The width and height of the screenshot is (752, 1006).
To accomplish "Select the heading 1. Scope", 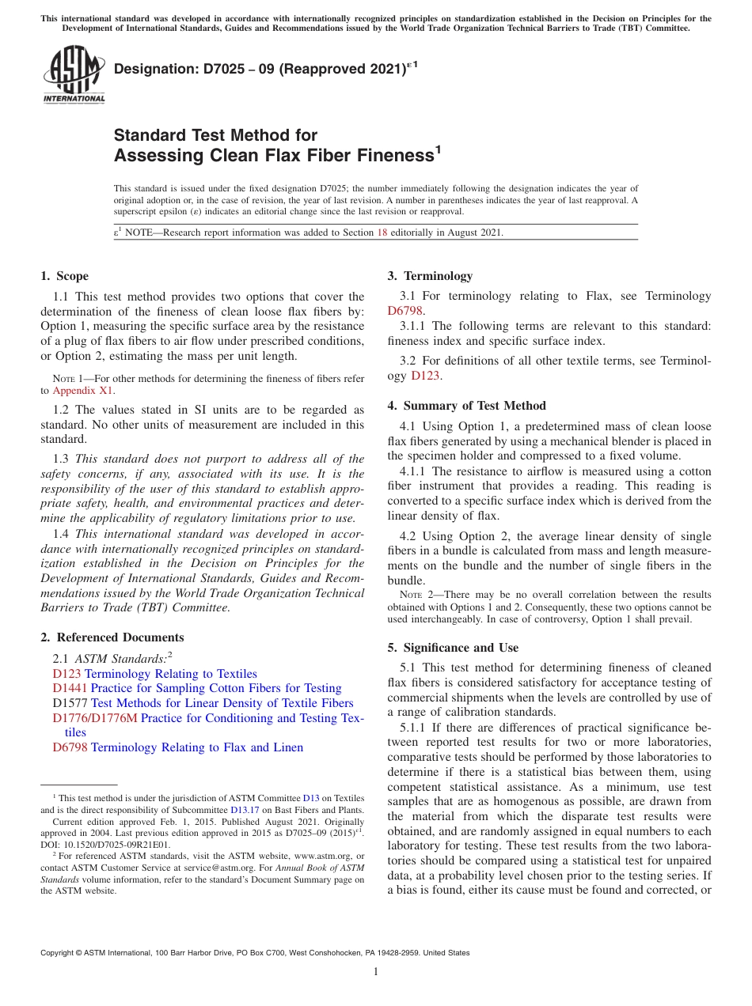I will tap(64, 276).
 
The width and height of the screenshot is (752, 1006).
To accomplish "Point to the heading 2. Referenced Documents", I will tap(112, 637).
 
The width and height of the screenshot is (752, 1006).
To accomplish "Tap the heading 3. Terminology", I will tap(430, 276).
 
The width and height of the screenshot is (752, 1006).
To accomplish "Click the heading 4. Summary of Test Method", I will tap(466, 406).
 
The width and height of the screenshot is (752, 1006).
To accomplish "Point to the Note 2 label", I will tap(411, 595).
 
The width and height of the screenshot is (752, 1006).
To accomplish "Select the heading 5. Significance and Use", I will tap(453, 648).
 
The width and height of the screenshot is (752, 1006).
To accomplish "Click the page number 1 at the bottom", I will tap(376, 972).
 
